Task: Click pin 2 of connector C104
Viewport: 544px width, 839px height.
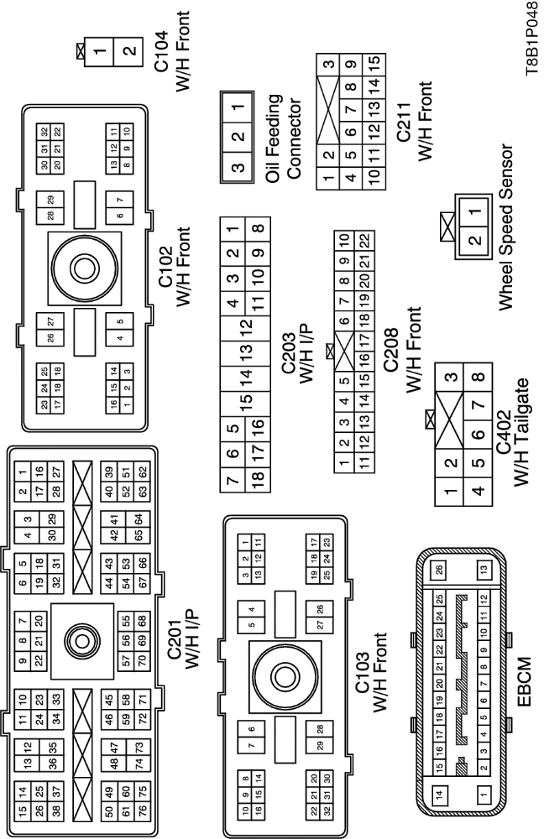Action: click(x=128, y=50)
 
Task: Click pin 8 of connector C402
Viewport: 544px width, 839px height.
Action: click(x=479, y=378)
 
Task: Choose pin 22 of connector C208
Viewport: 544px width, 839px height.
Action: click(x=365, y=240)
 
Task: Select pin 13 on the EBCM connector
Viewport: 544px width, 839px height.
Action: click(x=484, y=571)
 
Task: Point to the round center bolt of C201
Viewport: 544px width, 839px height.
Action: click(x=82, y=641)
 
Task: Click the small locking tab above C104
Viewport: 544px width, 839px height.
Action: click(x=81, y=50)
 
